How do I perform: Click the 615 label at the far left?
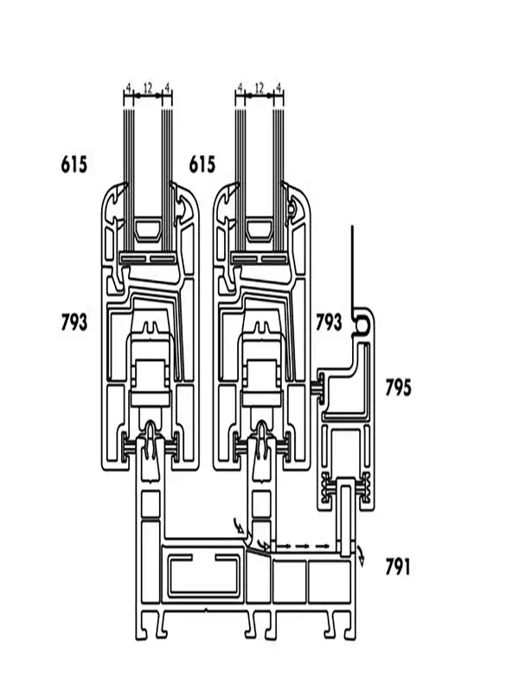pyautogui.click(x=74, y=164)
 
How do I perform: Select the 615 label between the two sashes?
pyautogui.click(x=202, y=164)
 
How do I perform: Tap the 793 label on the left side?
pyautogui.click(x=74, y=323)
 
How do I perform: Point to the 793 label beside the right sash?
pyautogui.click(x=329, y=323)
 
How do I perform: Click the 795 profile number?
pyautogui.click(x=399, y=387)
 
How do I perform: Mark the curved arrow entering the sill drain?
pyautogui.click(x=238, y=524)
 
